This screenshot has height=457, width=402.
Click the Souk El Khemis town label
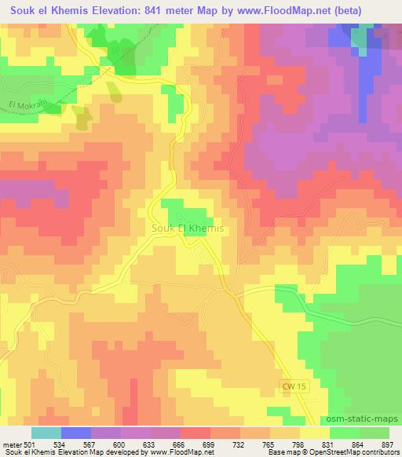187,228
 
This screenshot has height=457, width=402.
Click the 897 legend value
389,444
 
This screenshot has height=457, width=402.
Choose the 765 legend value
269,444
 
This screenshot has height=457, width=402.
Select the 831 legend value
328,444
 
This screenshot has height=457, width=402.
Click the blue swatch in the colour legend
76,433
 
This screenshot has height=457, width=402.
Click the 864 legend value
359,444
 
